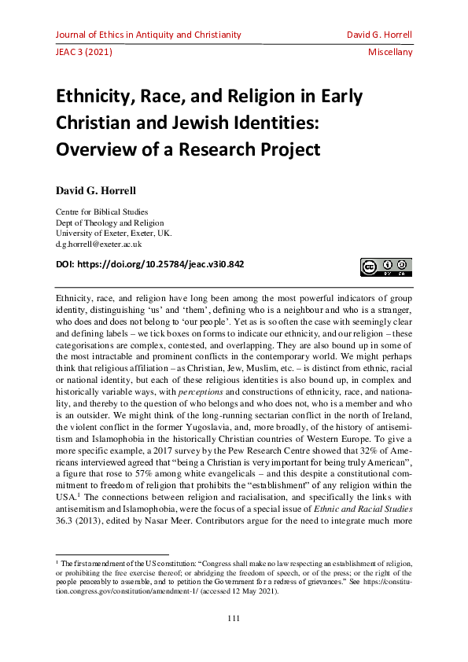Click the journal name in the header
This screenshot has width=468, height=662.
(x=148, y=35)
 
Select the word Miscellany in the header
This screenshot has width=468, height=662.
(x=390, y=53)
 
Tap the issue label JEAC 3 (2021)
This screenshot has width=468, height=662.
(x=83, y=53)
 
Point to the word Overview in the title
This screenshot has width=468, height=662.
(x=94, y=149)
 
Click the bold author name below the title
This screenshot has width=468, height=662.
(x=98, y=191)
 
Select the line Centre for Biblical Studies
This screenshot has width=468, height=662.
(x=101, y=211)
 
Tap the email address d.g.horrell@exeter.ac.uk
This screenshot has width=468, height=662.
(x=98, y=245)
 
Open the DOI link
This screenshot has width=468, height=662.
(x=149, y=264)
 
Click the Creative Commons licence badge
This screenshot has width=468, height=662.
(x=387, y=267)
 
